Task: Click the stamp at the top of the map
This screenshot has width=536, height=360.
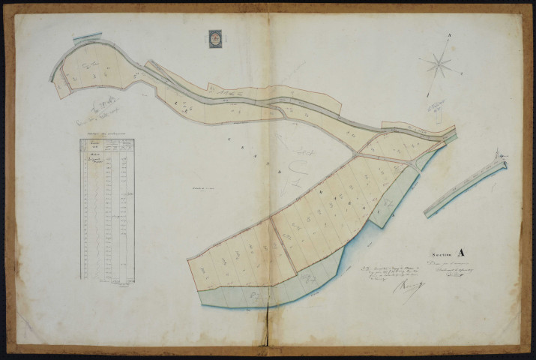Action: tap(215, 39)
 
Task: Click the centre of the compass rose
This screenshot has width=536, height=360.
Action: tap(440, 64)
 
